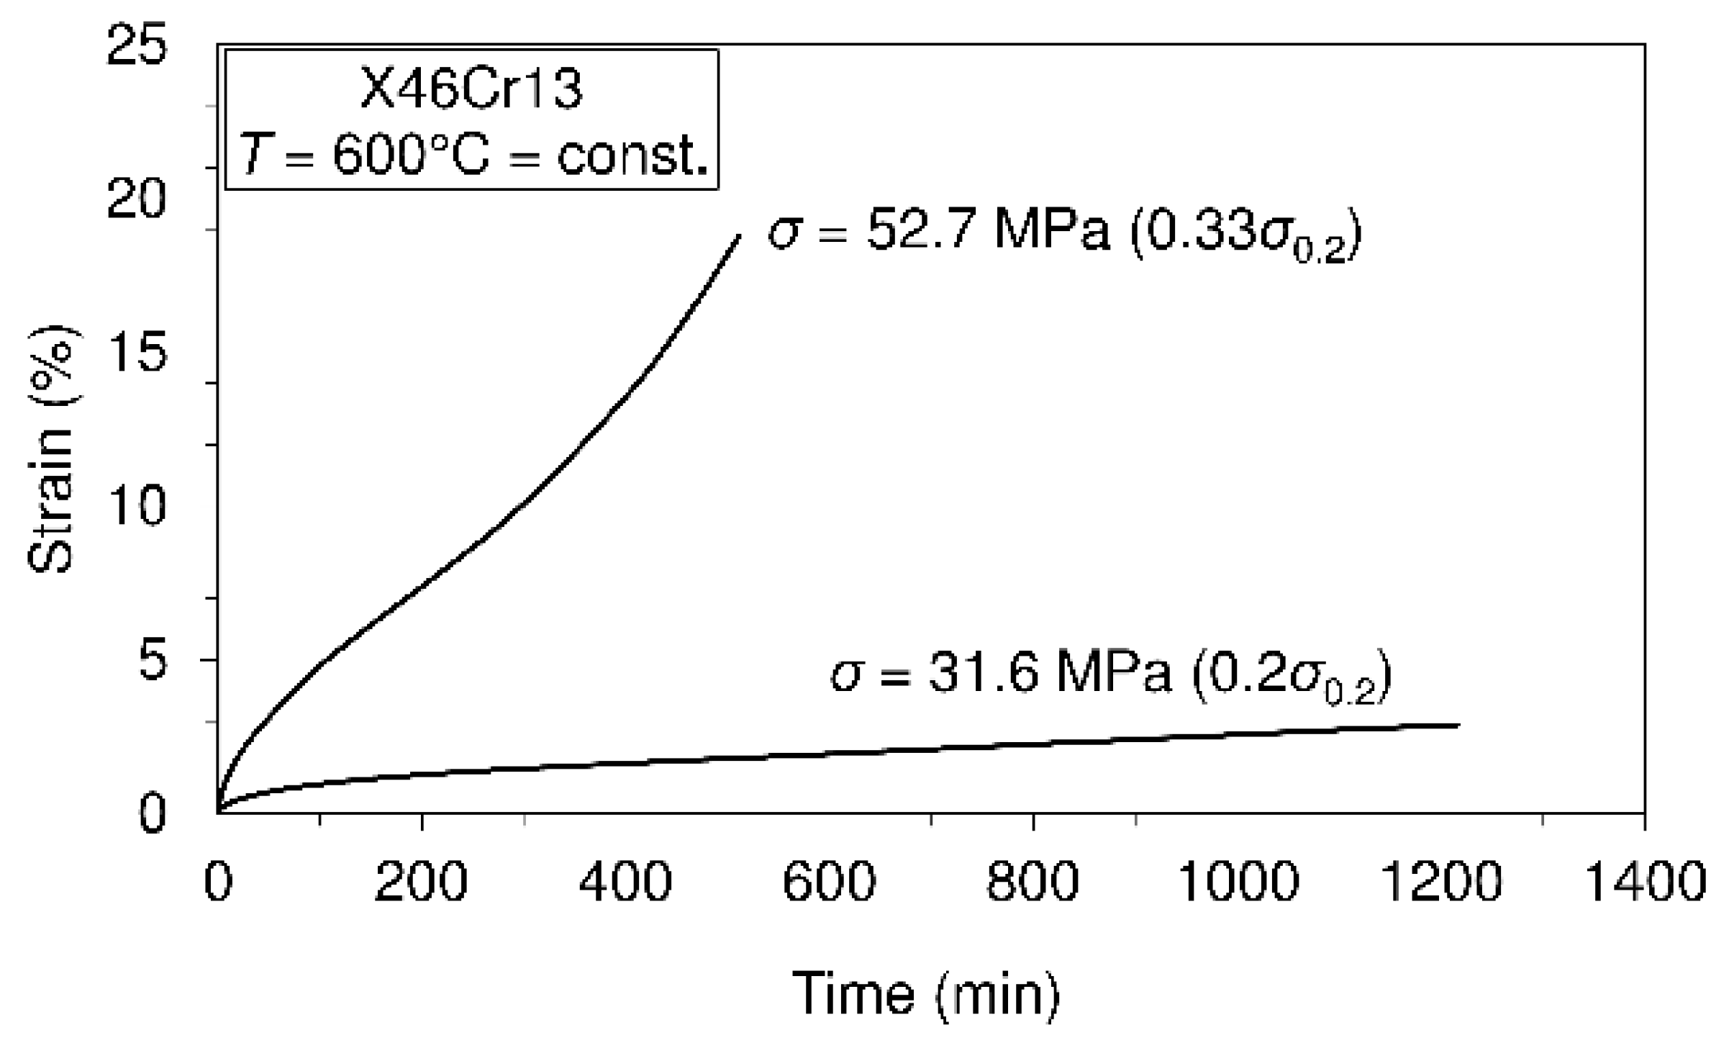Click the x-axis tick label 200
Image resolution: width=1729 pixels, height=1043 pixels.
pos(421,882)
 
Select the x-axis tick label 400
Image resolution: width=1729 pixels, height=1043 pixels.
pos(625,882)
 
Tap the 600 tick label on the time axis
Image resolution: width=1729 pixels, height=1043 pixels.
pos(829,882)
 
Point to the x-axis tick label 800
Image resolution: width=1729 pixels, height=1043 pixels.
pos(1033,882)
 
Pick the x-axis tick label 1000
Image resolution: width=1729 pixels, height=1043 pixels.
pos(1237,882)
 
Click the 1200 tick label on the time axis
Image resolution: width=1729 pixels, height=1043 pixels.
pos(1441,882)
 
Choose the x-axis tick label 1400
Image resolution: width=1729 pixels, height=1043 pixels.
pos(1646,882)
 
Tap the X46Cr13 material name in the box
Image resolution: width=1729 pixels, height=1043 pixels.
pos(471,91)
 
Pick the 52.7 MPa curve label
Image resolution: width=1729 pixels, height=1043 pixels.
pos(1065,235)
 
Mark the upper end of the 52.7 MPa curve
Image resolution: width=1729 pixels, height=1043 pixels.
pos(739,236)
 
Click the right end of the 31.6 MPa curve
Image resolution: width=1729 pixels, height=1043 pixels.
pos(1458,725)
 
